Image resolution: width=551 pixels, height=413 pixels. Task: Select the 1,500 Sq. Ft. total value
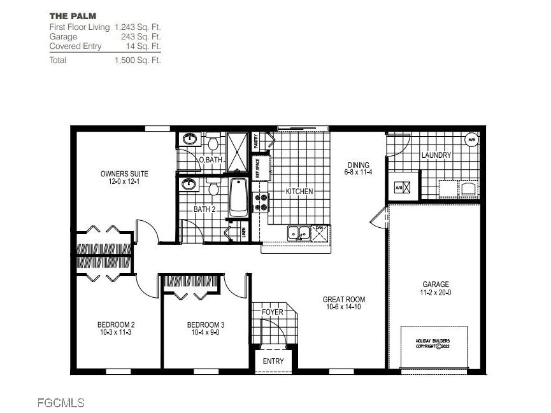click(138, 60)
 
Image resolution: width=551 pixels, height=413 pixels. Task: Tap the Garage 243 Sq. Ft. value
click(141, 37)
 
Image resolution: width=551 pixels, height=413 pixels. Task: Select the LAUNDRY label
click(436, 155)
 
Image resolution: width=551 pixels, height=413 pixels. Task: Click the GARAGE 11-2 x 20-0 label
click(436, 288)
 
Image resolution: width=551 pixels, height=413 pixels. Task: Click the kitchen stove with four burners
click(261, 202)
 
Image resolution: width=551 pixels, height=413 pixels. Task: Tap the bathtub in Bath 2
click(238, 197)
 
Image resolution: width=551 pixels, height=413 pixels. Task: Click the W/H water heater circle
click(472, 140)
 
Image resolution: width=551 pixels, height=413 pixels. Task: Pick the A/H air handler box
click(400, 188)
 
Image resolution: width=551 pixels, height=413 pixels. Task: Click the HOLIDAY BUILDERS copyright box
click(433, 344)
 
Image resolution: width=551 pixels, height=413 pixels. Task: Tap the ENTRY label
click(273, 361)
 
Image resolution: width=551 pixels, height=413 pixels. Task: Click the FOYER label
click(273, 312)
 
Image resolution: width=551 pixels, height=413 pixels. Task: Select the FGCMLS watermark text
click(61, 403)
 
